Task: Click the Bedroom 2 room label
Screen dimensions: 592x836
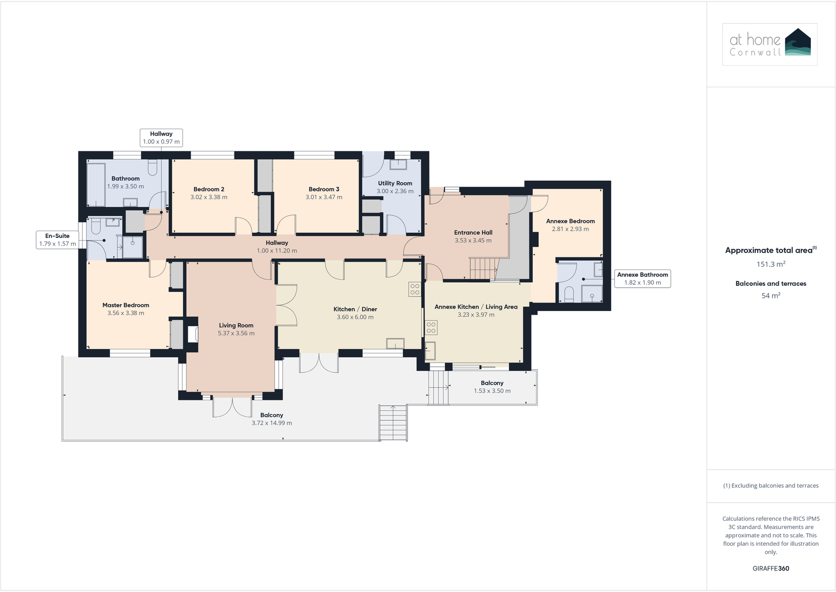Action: click(209, 189)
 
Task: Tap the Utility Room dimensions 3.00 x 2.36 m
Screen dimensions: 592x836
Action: click(395, 191)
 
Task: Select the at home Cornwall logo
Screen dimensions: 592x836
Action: click(770, 44)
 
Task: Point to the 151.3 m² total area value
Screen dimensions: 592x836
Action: click(771, 264)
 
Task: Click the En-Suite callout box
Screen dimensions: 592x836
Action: click(57, 240)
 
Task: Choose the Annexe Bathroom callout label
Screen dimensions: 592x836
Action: click(643, 278)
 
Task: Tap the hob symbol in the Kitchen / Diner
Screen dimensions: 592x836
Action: click(415, 289)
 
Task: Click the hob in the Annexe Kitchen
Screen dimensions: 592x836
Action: click(431, 328)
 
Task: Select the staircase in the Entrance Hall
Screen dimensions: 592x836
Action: click(483, 268)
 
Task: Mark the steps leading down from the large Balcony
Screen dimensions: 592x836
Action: click(393, 423)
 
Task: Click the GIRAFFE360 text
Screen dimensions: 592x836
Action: click(771, 568)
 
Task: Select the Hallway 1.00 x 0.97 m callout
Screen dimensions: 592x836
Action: click(161, 138)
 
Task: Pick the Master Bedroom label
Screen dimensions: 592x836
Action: click(126, 305)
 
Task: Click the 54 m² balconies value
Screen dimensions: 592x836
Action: click(771, 296)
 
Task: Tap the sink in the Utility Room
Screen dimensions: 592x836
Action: click(399, 164)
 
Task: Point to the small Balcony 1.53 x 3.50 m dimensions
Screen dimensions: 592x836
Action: click(492, 391)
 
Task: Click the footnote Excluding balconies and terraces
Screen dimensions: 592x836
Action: click(771, 486)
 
